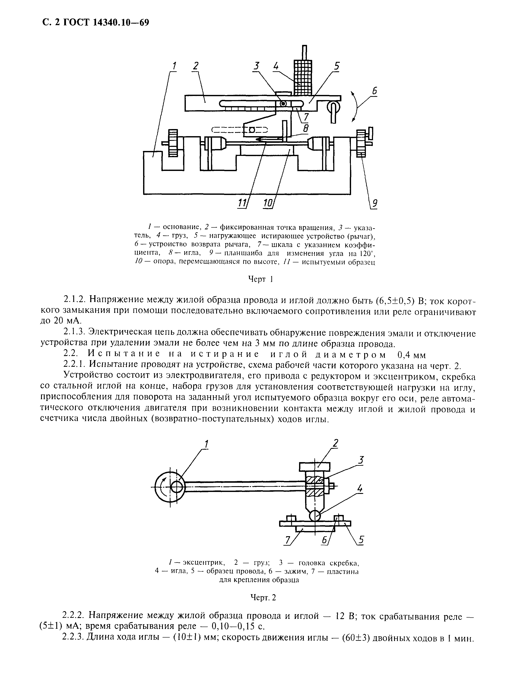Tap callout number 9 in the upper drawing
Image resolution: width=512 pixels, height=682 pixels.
pos(374,203)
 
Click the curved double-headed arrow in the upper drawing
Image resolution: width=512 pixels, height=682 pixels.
pos(356,106)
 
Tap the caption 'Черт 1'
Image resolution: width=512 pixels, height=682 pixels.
pos(261,279)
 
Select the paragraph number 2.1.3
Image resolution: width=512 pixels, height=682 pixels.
pos(74,333)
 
